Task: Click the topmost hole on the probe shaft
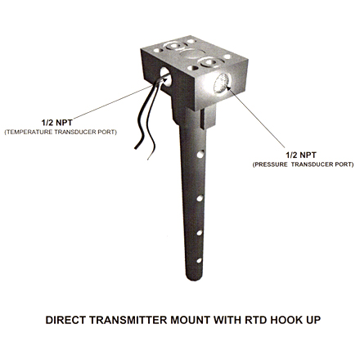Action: click(200, 154)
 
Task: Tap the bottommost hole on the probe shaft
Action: click(199, 260)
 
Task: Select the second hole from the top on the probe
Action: click(200, 198)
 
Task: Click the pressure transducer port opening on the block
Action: click(222, 83)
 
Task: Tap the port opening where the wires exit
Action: click(165, 77)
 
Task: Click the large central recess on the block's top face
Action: click(192, 54)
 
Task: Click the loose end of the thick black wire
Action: click(136, 148)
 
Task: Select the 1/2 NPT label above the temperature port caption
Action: click(57, 123)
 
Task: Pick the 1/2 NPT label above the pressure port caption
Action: click(301, 155)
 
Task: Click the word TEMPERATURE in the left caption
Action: click(29, 132)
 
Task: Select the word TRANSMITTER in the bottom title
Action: click(128, 320)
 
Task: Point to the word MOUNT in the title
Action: click(191, 320)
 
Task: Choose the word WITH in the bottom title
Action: click(227, 320)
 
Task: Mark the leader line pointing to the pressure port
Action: click(256, 117)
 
